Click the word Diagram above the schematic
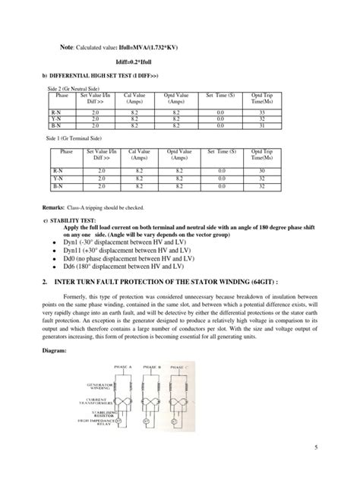pos(57,352)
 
